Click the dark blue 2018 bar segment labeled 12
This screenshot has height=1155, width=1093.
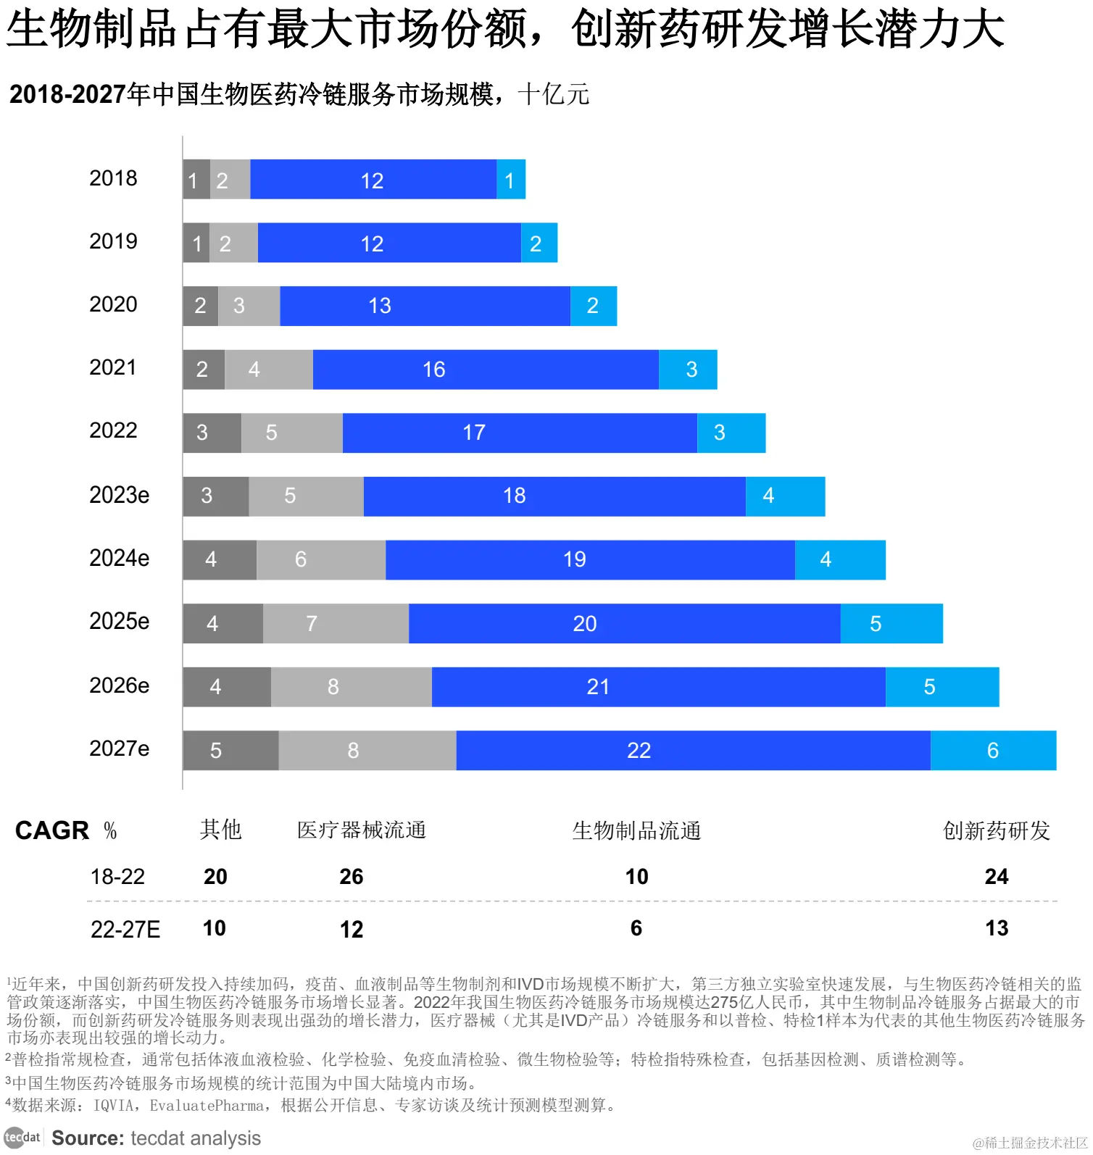point(373,180)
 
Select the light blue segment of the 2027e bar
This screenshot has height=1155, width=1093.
point(992,750)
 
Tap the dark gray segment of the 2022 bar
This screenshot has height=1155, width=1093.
point(211,433)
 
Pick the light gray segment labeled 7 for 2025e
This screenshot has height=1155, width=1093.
point(335,623)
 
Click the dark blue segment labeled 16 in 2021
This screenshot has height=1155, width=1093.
point(485,370)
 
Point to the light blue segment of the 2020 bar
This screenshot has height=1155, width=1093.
point(593,306)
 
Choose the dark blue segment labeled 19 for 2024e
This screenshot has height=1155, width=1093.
point(589,559)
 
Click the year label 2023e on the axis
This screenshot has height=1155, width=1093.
point(119,495)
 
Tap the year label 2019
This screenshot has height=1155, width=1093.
point(113,241)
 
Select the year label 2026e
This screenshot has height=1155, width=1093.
point(119,685)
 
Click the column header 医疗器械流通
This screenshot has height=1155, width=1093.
point(361,830)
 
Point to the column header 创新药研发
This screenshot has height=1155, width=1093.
point(996,830)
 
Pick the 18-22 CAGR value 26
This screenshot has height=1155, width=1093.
point(352,877)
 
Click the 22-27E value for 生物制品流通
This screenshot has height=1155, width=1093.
point(636,928)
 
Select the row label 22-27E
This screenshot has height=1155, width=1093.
point(125,929)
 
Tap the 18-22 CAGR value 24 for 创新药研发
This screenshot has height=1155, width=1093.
point(996,877)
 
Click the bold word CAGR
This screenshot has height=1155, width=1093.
point(52,830)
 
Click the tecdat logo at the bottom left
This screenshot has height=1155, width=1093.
point(22,1138)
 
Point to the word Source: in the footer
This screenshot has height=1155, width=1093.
point(88,1138)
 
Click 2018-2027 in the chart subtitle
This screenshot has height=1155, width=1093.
point(67,94)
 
